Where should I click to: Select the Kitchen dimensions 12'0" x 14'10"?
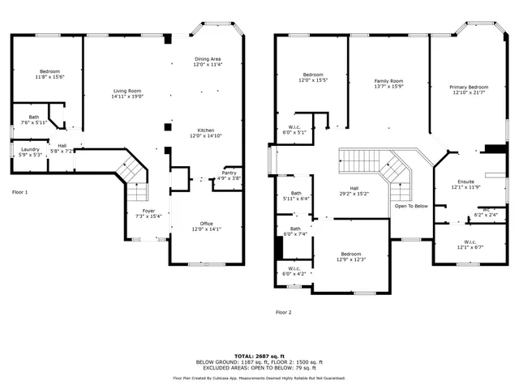click(x=207, y=136)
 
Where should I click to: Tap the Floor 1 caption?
click(x=19, y=192)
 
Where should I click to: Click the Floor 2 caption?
click(x=283, y=312)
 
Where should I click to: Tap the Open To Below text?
click(x=411, y=206)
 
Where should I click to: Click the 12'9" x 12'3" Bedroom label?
click(x=352, y=256)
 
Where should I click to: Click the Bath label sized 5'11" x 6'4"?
click(x=296, y=195)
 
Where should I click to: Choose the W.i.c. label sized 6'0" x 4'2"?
click(x=294, y=271)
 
